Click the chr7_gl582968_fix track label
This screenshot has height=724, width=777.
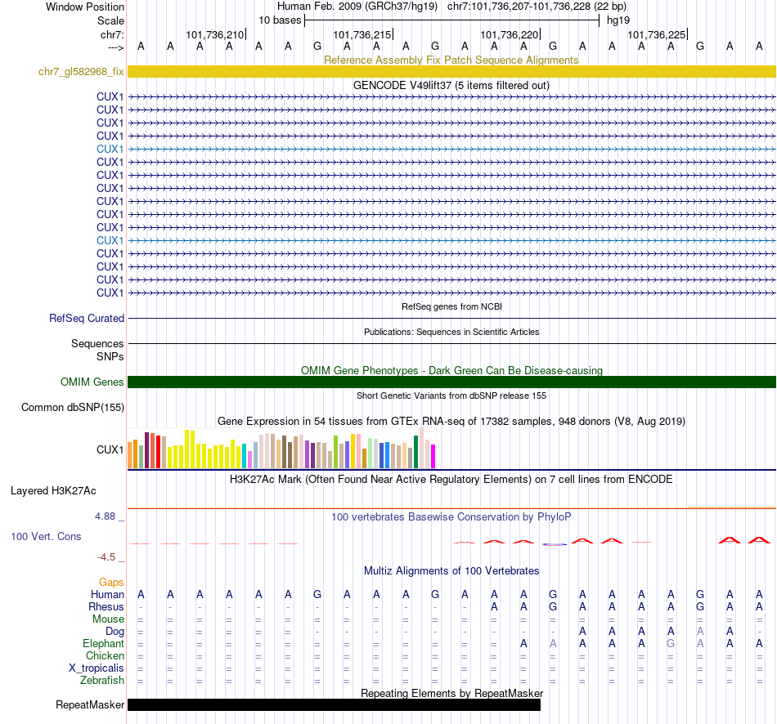[81, 72]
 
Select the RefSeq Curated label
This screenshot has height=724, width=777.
[87, 319]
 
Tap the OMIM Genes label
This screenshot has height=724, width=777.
[92, 382]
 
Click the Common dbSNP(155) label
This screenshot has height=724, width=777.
[73, 407]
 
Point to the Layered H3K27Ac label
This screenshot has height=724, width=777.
[53, 491]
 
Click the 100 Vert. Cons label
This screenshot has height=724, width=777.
[46, 537]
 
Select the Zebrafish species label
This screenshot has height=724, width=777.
[102, 681]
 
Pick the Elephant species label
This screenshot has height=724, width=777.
[104, 644]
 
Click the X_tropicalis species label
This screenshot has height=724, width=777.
[97, 668]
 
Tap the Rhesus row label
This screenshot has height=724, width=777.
[106, 607]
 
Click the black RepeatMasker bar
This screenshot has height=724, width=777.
[334, 704]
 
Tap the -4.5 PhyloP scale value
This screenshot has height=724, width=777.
[109, 557]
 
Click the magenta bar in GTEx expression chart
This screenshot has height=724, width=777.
[433, 456]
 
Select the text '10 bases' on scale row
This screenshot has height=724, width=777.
[280, 20]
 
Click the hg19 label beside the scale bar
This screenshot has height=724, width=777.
[618, 20]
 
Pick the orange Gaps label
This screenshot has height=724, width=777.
[111, 582]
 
